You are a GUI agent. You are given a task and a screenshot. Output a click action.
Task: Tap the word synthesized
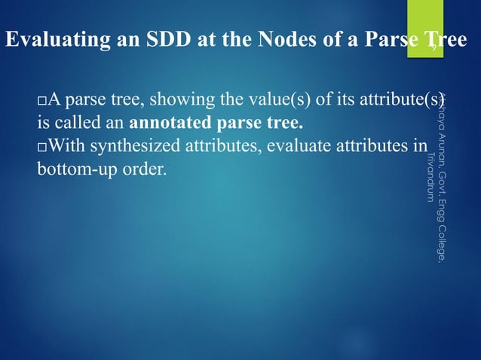click(130, 145)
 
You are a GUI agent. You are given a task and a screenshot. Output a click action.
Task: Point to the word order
click(143, 167)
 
